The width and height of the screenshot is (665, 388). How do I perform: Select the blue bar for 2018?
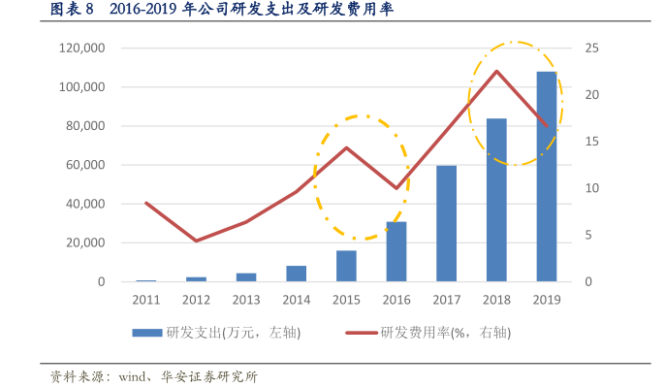point(496,200)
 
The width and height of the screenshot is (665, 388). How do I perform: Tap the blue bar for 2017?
point(447,223)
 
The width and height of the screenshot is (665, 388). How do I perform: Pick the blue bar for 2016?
point(396,251)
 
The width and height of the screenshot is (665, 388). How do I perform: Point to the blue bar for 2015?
point(346,266)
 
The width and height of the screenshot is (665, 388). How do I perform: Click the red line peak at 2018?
point(496,71)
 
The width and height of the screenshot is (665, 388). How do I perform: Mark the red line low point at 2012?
point(196,241)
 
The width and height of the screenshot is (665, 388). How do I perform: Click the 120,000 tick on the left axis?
point(81,48)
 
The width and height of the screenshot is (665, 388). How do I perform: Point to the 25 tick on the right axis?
point(591,48)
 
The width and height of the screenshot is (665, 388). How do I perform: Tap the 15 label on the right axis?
point(591,142)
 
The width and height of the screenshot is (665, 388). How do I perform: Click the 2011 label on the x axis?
point(145,300)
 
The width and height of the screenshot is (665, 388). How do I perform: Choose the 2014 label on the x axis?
point(296,300)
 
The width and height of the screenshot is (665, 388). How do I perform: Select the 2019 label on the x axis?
point(547,300)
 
